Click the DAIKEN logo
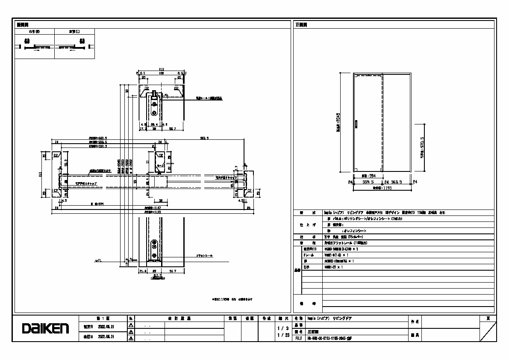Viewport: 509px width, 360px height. (x=46, y=328)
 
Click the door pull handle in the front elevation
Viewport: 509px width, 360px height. (x=356, y=124)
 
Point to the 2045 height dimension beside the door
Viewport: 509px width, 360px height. (x=338, y=123)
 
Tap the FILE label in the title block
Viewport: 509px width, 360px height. (x=298, y=338)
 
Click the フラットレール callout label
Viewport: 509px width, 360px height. (x=204, y=255)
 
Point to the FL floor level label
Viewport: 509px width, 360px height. (x=98, y=260)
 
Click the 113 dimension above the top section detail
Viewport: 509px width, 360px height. (x=162, y=69)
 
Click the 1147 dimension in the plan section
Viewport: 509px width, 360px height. (x=149, y=208)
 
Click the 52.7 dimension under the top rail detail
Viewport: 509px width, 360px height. (x=173, y=128)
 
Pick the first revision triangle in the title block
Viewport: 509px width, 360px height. (x=131, y=325)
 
